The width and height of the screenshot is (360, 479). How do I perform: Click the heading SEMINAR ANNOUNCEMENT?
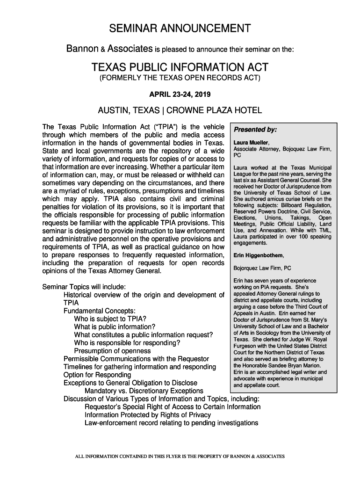click(x=180, y=29)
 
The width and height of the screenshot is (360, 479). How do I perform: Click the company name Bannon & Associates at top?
click(x=110, y=48)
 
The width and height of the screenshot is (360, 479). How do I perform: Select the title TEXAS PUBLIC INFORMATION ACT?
click(x=180, y=66)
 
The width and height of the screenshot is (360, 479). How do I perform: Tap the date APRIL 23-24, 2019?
click(x=180, y=95)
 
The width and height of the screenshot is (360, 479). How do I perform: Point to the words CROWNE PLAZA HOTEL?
click(x=214, y=111)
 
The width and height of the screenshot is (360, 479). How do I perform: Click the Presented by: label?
click(x=255, y=130)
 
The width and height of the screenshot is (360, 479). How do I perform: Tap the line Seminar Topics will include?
click(x=83, y=286)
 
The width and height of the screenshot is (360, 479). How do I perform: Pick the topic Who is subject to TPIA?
click(x=110, y=319)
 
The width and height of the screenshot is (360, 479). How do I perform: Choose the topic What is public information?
click(x=115, y=327)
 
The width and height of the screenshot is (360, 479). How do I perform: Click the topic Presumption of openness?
click(x=112, y=351)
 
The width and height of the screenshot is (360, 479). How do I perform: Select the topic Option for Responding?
click(x=97, y=375)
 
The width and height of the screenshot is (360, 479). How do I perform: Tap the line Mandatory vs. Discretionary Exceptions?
click(x=144, y=391)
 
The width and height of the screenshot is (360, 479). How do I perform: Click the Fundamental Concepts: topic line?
click(x=100, y=311)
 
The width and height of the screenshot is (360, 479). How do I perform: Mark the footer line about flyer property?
click(x=180, y=456)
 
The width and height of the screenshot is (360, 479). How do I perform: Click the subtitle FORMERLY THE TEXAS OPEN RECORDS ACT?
click(x=180, y=78)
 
